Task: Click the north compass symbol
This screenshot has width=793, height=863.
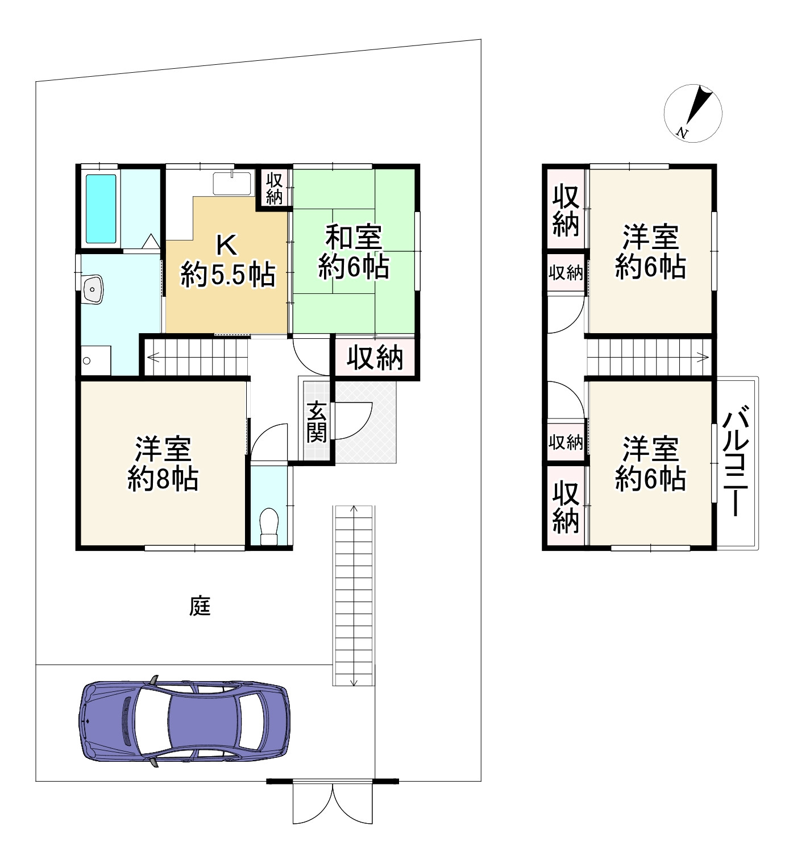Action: [693, 113]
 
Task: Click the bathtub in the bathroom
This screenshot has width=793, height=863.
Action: [101, 208]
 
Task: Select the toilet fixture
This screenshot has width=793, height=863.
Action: [268, 526]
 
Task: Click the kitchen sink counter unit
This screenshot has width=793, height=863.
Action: [232, 183]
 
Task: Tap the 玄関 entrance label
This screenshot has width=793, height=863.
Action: [317, 421]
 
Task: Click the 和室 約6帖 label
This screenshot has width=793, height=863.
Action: [353, 252]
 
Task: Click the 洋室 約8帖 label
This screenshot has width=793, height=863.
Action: [163, 463]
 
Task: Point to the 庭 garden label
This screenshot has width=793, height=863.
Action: [200, 607]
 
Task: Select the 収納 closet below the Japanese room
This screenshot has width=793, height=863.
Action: [375, 358]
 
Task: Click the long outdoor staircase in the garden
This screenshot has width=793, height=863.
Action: [354, 595]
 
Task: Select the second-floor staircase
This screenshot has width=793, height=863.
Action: [648, 357]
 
